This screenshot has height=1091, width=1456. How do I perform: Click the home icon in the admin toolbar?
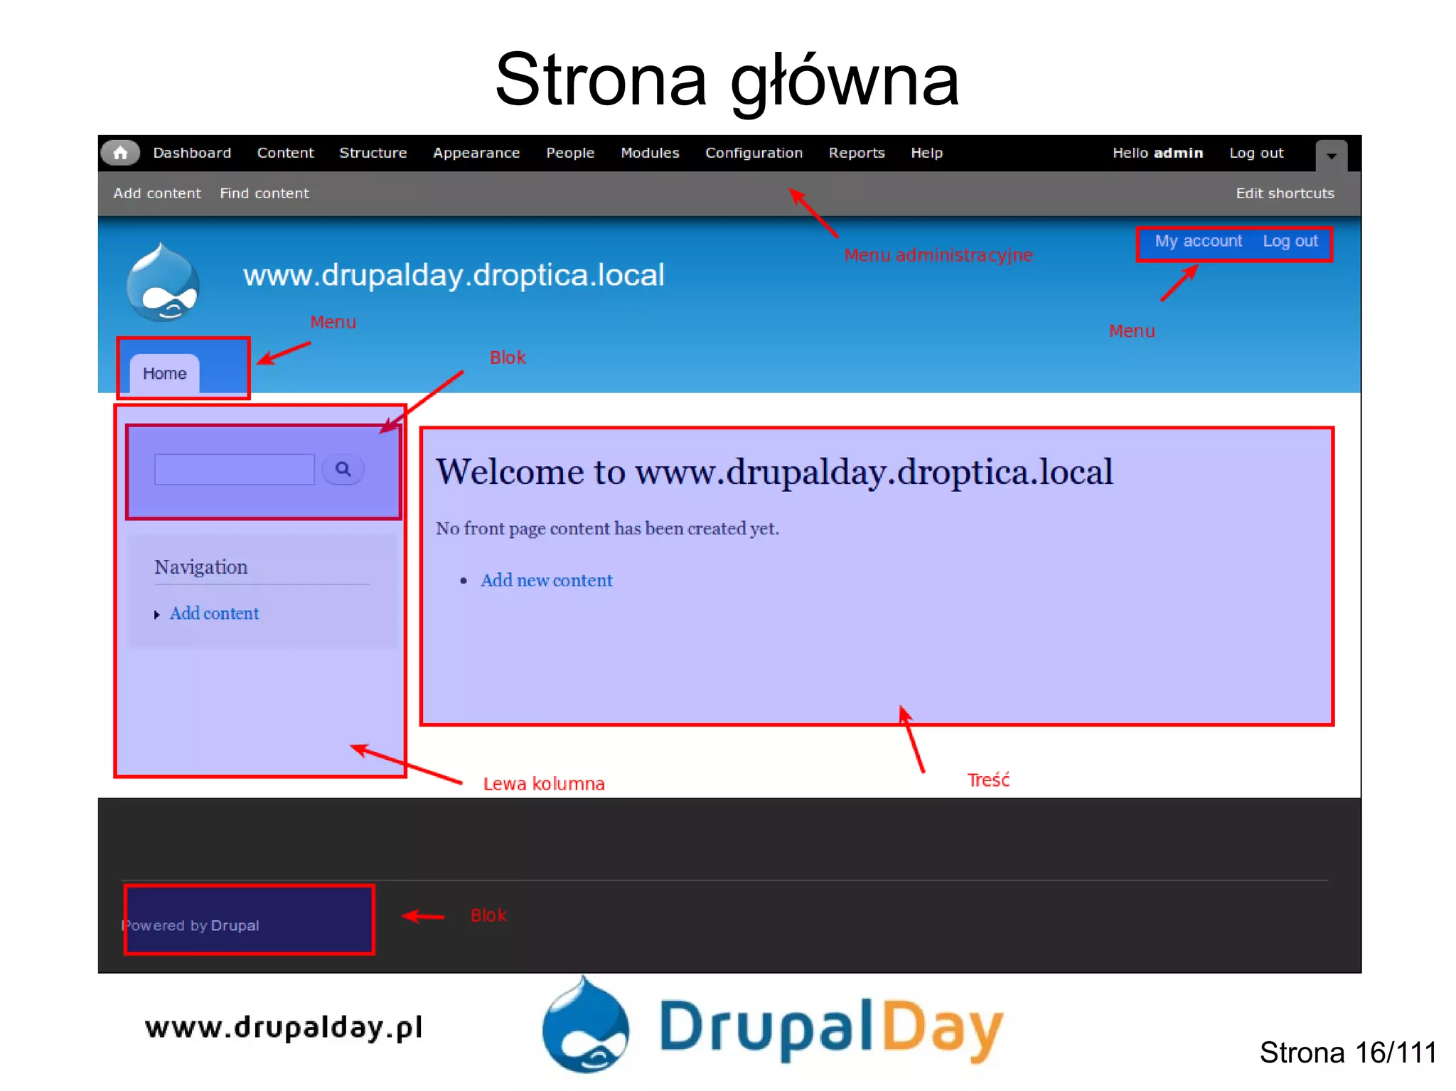click(x=120, y=153)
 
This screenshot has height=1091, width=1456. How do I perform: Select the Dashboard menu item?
click(x=192, y=153)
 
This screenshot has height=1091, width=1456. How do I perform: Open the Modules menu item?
click(x=650, y=153)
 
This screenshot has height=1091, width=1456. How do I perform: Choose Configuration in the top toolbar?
click(x=754, y=153)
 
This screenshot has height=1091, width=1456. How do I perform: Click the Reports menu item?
click(x=857, y=153)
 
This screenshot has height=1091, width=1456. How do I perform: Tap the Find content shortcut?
click(x=264, y=193)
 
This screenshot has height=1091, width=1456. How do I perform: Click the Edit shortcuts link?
click(x=1285, y=193)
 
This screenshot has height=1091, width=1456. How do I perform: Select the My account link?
click(x=1198, y=242)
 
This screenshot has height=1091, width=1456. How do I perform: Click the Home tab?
click(x=165, y=374)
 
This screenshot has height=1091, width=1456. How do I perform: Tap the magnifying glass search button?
click(x=343, y=470)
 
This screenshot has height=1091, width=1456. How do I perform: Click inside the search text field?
click(x=235, y=470)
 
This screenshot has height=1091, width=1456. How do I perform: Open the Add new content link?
click(x=546, y=581)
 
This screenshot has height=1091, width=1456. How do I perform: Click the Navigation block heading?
click(x=201, y=567)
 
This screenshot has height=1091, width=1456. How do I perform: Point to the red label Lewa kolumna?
click(x=544, y=784)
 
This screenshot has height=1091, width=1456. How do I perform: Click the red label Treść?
click(x=988, y=780)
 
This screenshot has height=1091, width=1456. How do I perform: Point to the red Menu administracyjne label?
click(x=938, y=255)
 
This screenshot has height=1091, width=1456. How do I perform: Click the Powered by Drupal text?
click(x=191, y=925)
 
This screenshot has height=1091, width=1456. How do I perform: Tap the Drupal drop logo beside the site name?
click(x=163, y=283)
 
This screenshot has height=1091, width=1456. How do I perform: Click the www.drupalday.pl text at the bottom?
click(x=284, y=1028)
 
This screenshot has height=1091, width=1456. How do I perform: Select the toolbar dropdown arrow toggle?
click(x=1331, y=155)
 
